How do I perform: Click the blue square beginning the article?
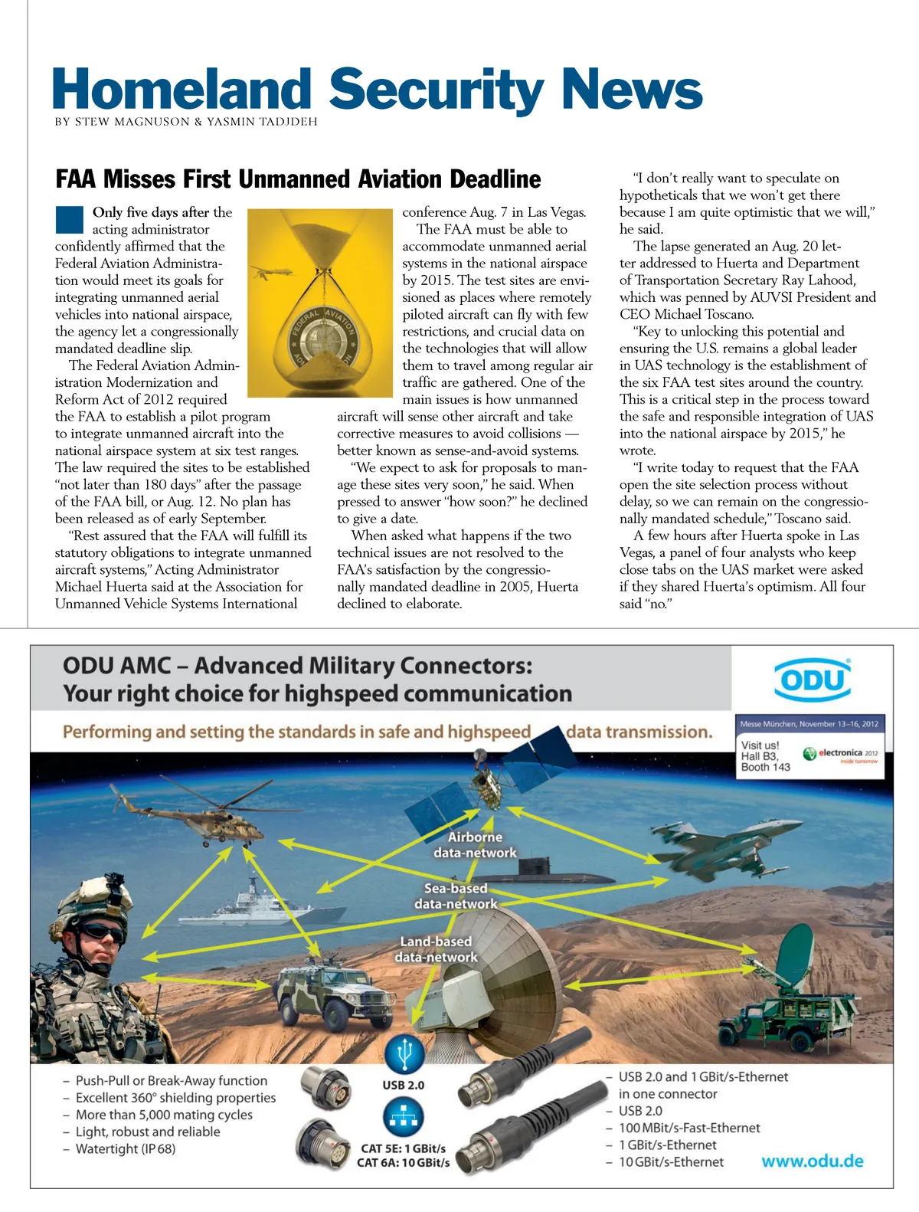pos(69,220)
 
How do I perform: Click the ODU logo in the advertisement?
pos(812,680)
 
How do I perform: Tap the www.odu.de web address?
pos(812,1161)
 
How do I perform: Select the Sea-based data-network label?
pos(456,896)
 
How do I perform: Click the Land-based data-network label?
pos(436,948)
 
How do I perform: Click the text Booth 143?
pos(765,767)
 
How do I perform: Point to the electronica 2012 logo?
pos(840,754)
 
